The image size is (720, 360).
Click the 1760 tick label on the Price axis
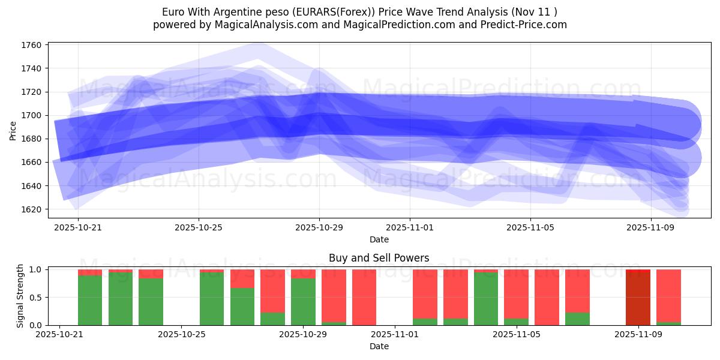coord(31,45)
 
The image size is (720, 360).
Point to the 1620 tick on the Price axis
coord(31,209)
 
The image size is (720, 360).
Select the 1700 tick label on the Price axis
coord(31,115)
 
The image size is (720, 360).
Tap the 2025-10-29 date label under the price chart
coord(319,227)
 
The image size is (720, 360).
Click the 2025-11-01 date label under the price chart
coord(410,227)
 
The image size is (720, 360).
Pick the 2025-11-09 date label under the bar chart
coord(638,335)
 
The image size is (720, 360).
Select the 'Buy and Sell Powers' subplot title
coord(379,259)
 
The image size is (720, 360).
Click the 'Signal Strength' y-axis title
coord(20,295)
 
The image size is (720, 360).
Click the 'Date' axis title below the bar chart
coord(379,346)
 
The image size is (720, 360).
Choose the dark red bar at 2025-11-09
coord(638,298)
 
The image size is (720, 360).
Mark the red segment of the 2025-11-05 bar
coord(516,291)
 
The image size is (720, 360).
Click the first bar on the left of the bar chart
coord(90,300)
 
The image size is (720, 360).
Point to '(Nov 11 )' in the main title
coord(535,12)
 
